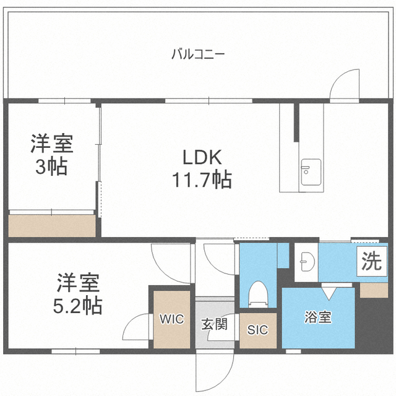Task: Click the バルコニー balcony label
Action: pos(198,54)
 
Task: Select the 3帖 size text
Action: pos(51,166)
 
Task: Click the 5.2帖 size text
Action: pos(77,305)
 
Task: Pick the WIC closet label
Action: pos(172,319)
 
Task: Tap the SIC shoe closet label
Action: pos(257,330)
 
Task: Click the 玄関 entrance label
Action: pos(215,324)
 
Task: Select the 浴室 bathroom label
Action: pos(317,317)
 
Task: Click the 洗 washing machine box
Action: pos(372,261)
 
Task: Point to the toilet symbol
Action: pos(258,295)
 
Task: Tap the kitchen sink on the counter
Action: pos(311,172)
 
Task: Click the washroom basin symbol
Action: pos(307,262)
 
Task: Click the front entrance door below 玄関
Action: pos(215,371)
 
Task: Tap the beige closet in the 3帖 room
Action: pos(52,226)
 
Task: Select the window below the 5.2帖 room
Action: pos(75,351)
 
